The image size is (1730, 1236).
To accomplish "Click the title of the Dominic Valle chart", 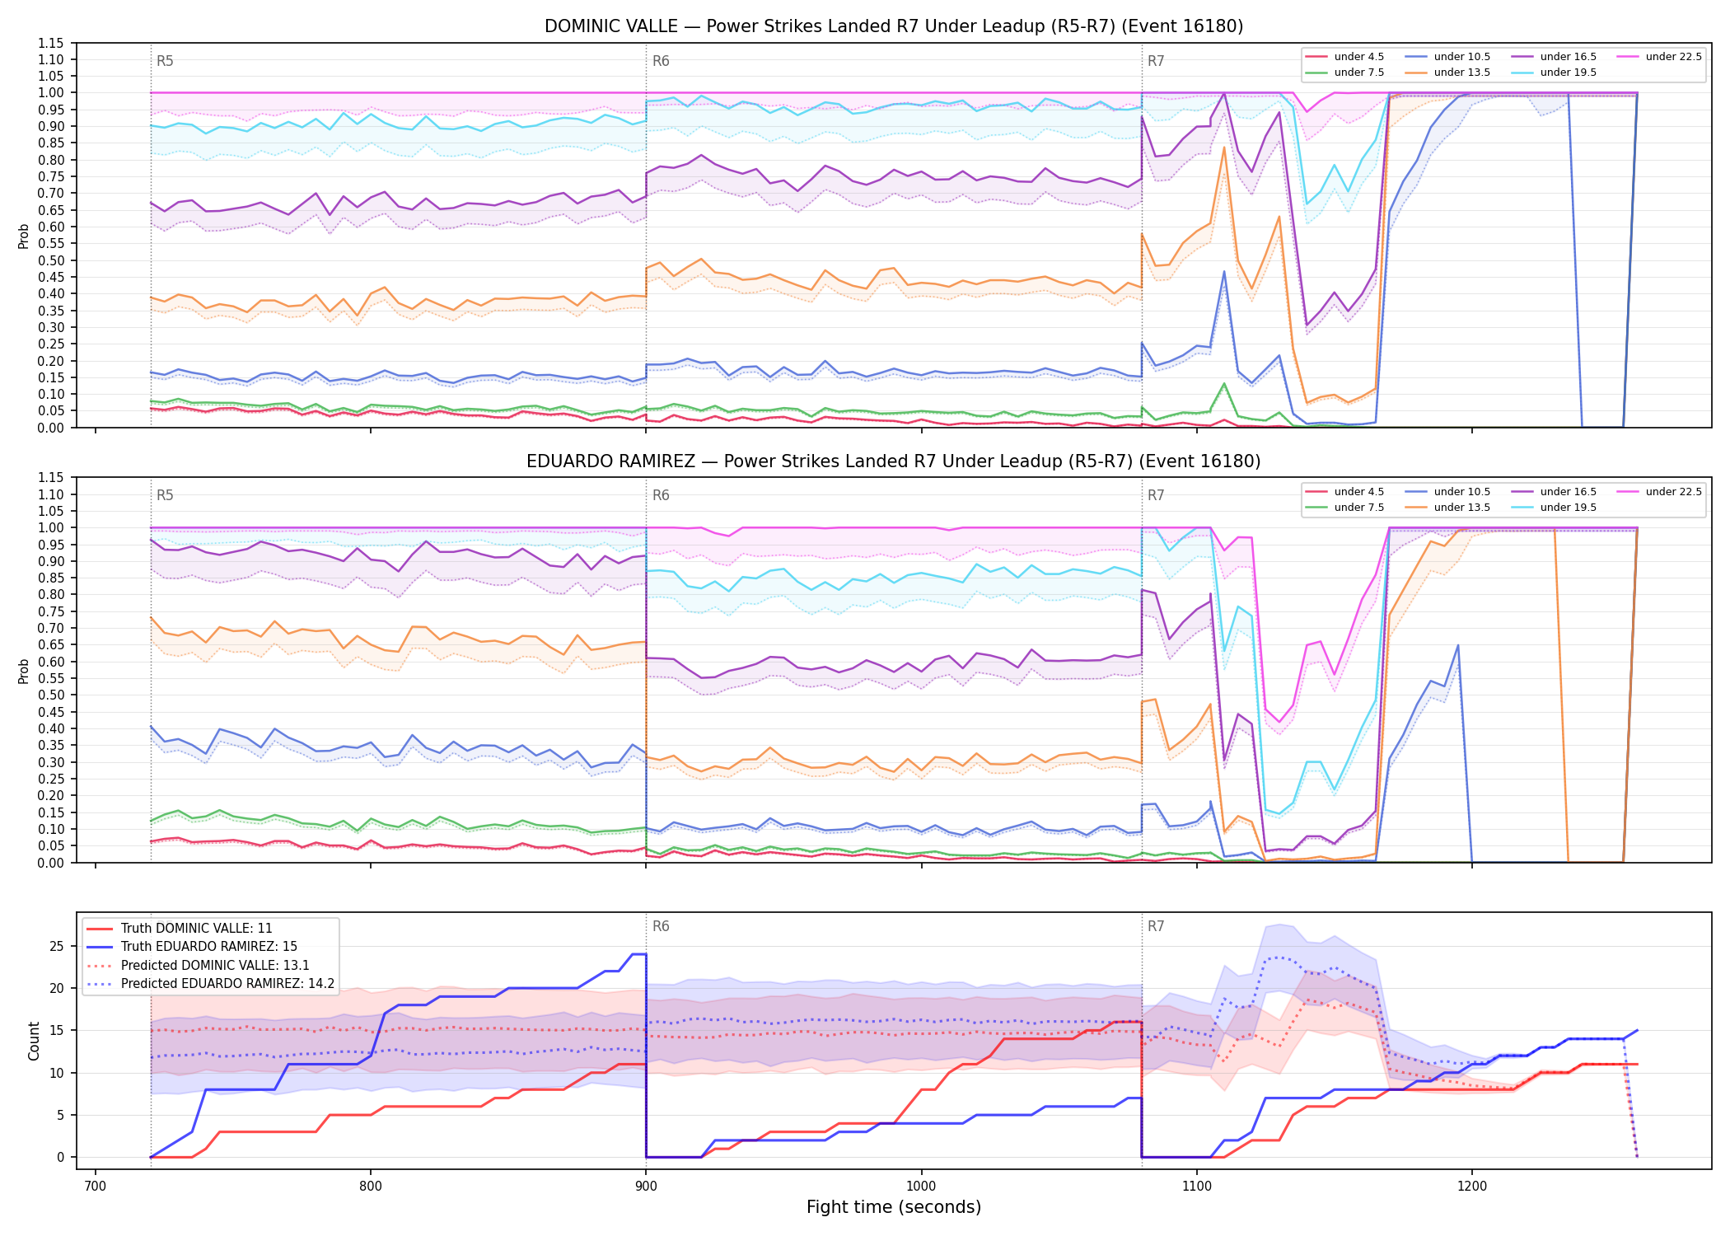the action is (894, 26).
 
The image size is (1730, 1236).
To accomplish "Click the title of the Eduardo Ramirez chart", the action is (894, 461).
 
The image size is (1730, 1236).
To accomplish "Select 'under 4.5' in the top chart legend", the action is (1359, 57).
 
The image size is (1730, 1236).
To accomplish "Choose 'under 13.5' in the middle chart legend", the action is (1462, 508).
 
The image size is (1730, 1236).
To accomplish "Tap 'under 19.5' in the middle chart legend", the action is (1569, 508).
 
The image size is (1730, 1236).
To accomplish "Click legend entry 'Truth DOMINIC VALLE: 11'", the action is (196, 929).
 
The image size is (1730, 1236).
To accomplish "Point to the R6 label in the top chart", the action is (661, 61).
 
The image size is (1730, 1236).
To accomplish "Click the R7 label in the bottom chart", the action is (1156, 927).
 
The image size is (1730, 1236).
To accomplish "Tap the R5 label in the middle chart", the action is (165, 496).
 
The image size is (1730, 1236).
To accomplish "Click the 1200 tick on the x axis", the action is (1472, 1187).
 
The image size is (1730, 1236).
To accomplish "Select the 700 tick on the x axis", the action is (96, 1187).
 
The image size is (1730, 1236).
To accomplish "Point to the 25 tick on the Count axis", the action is (57, 946).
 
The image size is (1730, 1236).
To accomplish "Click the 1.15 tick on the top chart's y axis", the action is (50, 43).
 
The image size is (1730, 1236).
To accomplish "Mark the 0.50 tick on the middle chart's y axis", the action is (50, 695).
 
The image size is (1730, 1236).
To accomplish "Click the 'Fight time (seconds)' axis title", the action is (894, 1208).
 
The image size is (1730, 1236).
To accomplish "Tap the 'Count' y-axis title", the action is (34, 1042).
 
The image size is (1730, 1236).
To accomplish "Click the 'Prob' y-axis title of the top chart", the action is (24, 236).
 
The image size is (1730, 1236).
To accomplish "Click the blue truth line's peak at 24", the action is (639, 954).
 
